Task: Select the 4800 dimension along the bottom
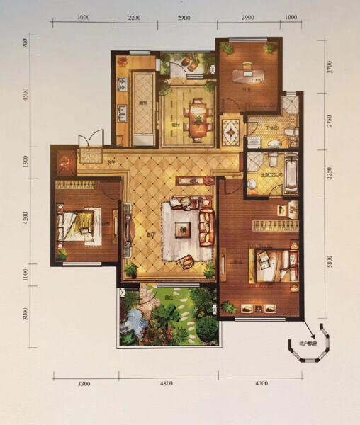pos(166,383)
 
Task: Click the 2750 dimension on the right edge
pos(328,120)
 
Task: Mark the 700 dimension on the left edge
pos(26,42)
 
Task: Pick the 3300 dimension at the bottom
pos(84,383)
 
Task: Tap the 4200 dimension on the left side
pos(26,217)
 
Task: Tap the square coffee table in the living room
pos(183,228)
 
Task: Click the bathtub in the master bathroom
pos(290,174)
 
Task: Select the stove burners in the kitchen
pos(122,85)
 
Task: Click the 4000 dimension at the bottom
pos(261,383)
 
